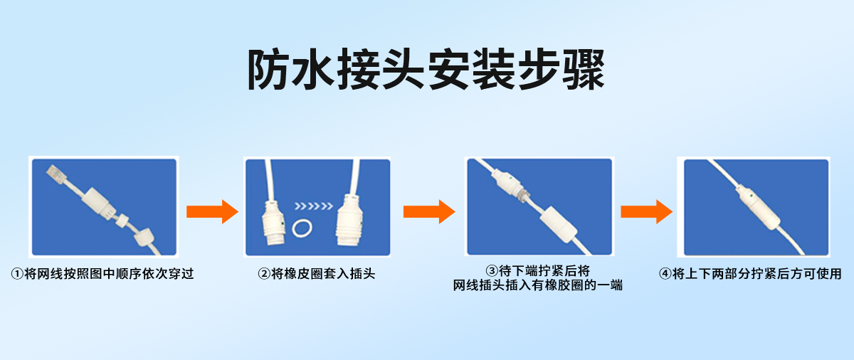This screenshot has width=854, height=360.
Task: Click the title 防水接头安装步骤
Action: coord(426,69)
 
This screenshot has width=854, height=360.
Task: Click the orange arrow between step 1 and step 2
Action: coord(211,211)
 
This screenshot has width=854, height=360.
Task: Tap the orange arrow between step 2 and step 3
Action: coord(428,211)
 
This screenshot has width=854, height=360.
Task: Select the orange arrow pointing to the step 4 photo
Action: coord(645,211)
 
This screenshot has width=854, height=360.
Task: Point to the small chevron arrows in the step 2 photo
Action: coord(313,207)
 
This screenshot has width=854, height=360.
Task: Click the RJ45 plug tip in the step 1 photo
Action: coord(54,171)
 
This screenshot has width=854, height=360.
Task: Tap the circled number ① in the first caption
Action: coord(16,274)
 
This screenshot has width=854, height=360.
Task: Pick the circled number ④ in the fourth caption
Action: coord(665,274)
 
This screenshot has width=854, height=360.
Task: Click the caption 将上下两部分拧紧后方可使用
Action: coord(757,274)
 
